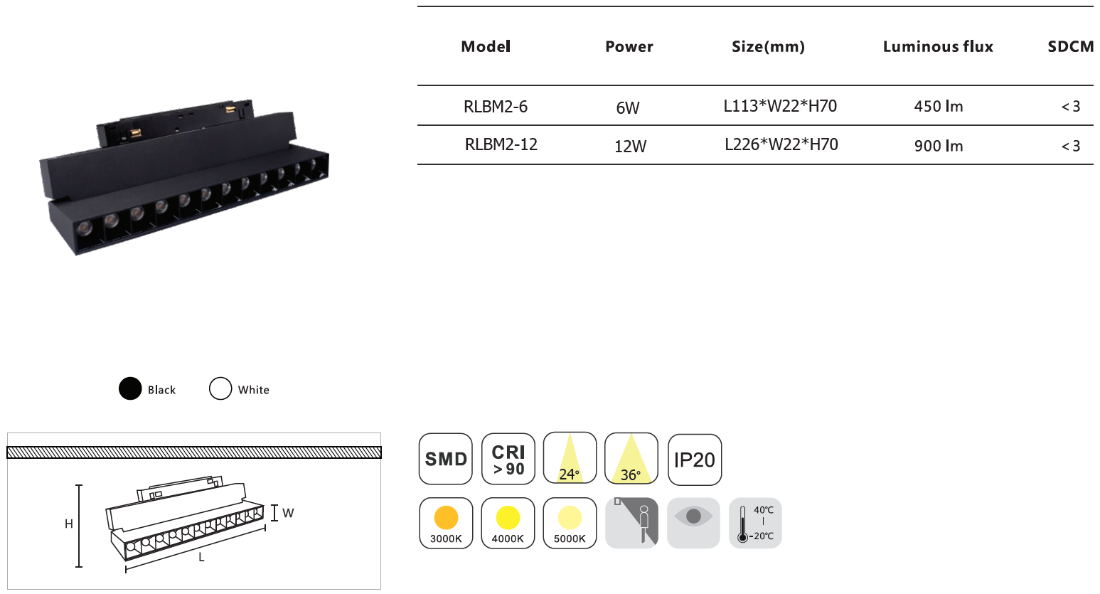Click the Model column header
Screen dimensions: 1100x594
pyautogui.click(x=486, y=47)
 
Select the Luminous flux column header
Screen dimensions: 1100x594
pyautogui.click(x=938, y=47)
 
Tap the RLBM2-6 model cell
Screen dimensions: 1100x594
pyautogui.click(x=496, y=107)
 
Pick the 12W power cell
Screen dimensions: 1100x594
pyautogui.click(x=631, y=146)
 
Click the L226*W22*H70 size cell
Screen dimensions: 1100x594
pyautogui.click(x=781, y=144)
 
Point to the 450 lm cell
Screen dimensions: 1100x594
pyautogui.click(x=939, y=107)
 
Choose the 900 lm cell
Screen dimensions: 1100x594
pyautogui.click(x=939, y=146)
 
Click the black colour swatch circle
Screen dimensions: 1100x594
pyautogui.click(x=130, y=388)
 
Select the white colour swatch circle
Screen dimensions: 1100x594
pyautogui.click(x=220, y=388)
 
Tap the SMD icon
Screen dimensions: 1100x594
pyautogui.click(x=445, y=459)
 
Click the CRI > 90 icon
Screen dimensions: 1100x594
pyautogui.click(x=508, y=459)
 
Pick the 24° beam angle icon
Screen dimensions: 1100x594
pyautogui.click(x=570, y=458)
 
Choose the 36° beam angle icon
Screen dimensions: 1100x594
pyautogui.click(x=631, y=458)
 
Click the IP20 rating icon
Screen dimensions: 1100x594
pyautogui.click(x=695, y=460)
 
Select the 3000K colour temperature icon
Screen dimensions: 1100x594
pyautogui.click(x=446, y=524)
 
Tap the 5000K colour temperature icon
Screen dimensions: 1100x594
pyautogui.click(x=570, y=524)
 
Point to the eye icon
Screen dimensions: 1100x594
pyautogui.click(x=693, y=524)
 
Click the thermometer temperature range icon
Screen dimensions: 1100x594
pyautogui.click(x=755, y=524)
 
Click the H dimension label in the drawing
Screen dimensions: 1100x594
pyautogui.click(x=69, y=524)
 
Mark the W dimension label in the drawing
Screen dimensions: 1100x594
pyautogui.click(x=288, y=513)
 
